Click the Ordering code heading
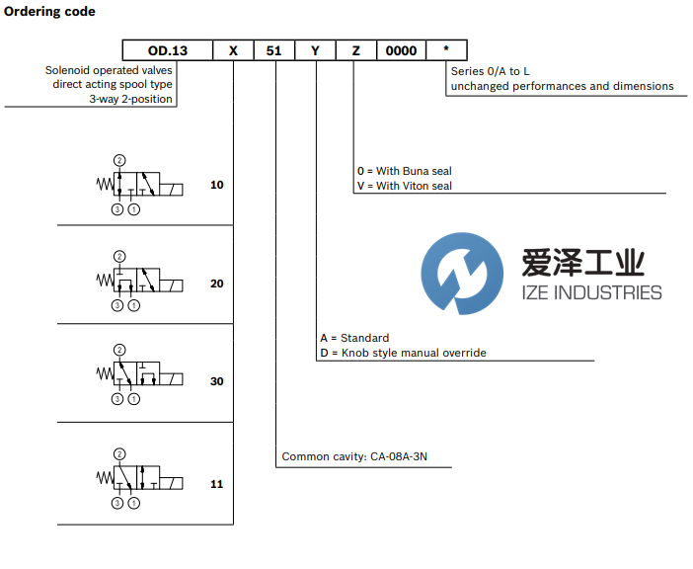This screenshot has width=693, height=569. click(50, 12)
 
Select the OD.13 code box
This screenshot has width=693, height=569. click(167, 50)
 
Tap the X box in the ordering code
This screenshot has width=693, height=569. click(233, 50)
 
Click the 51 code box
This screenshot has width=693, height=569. click(273, 50)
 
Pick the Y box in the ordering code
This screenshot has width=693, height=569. click(316, 50)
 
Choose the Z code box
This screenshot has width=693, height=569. click(356, 50)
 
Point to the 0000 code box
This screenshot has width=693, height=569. click(401, 50)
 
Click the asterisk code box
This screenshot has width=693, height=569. click(446, 50)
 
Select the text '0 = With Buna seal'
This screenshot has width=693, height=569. click(404, 171)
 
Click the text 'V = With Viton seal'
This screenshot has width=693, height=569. click(405, 186)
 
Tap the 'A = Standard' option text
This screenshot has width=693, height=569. click(354, 338)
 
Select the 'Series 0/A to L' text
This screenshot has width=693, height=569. click(492, 71)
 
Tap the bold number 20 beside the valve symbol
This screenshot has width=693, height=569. click(217, 284)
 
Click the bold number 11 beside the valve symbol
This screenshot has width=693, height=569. click(217, 484)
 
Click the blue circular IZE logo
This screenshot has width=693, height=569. click(458, 269)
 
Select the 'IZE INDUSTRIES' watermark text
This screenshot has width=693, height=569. click(591, 292)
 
